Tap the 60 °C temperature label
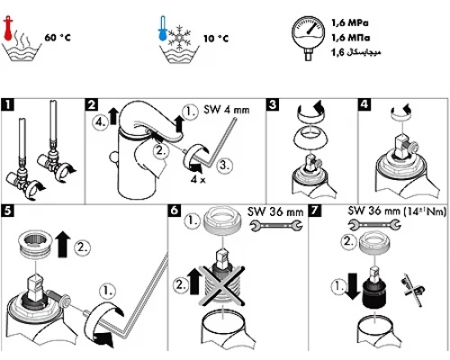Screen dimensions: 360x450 pos(60,38)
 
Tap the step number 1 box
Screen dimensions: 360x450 pos(8,104)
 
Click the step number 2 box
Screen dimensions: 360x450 pos(92,104)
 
